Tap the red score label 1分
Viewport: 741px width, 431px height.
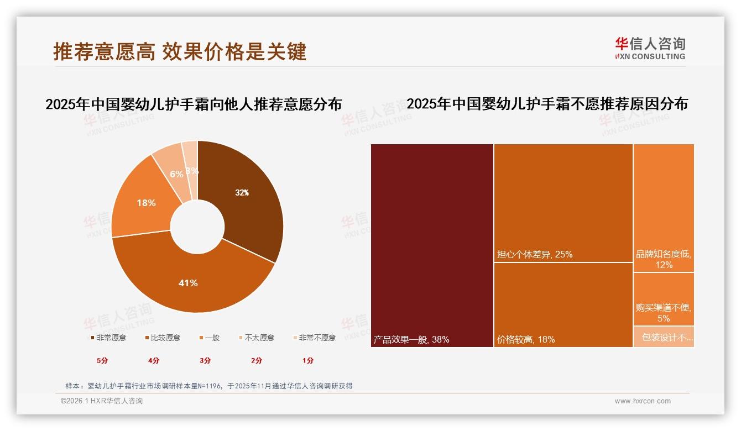[308, 360]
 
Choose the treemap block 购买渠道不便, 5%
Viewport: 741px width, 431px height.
[664, 299]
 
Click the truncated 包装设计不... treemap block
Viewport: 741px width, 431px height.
[664, 337]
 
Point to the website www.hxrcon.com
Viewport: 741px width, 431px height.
[643, 401]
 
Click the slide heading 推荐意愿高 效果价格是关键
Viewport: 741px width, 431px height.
[180, 51]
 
